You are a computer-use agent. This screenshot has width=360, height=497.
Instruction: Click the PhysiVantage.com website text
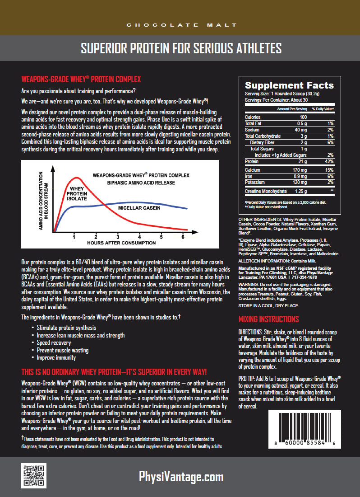180,477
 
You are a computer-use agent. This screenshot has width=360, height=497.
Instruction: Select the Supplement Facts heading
289,85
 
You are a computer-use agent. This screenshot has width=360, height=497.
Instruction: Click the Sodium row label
253,130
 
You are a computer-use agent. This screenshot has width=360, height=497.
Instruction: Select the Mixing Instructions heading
268,319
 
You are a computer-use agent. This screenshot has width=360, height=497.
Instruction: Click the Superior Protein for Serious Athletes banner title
181,48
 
